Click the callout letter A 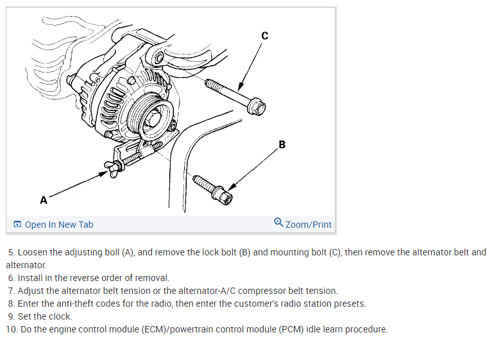click(44, 200)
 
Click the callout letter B click(282, 144)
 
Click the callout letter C click(264, 36)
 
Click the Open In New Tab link click(58, 225)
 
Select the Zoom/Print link click(308, 225)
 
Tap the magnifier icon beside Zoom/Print click(278, 223)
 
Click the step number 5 click(11, 253)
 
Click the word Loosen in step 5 click(33, 253)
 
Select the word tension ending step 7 click(321, 291)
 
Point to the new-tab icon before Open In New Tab click(17, 225)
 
